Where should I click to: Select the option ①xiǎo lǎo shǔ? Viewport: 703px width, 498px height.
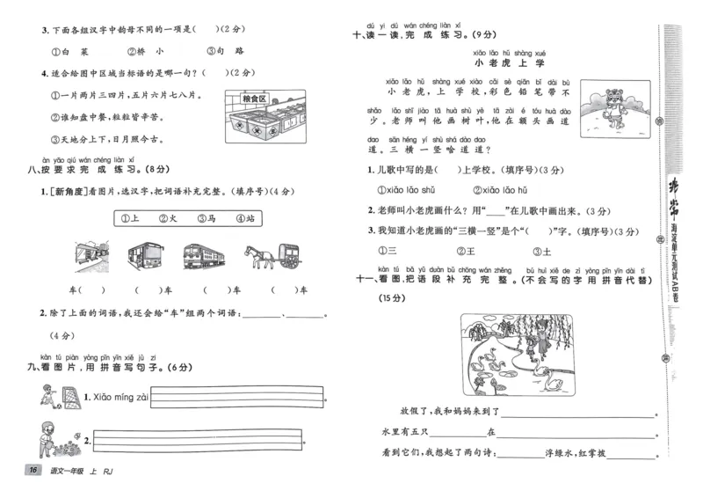tap(405, 189)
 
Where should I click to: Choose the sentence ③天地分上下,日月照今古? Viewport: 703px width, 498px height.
tap(107, 138)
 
